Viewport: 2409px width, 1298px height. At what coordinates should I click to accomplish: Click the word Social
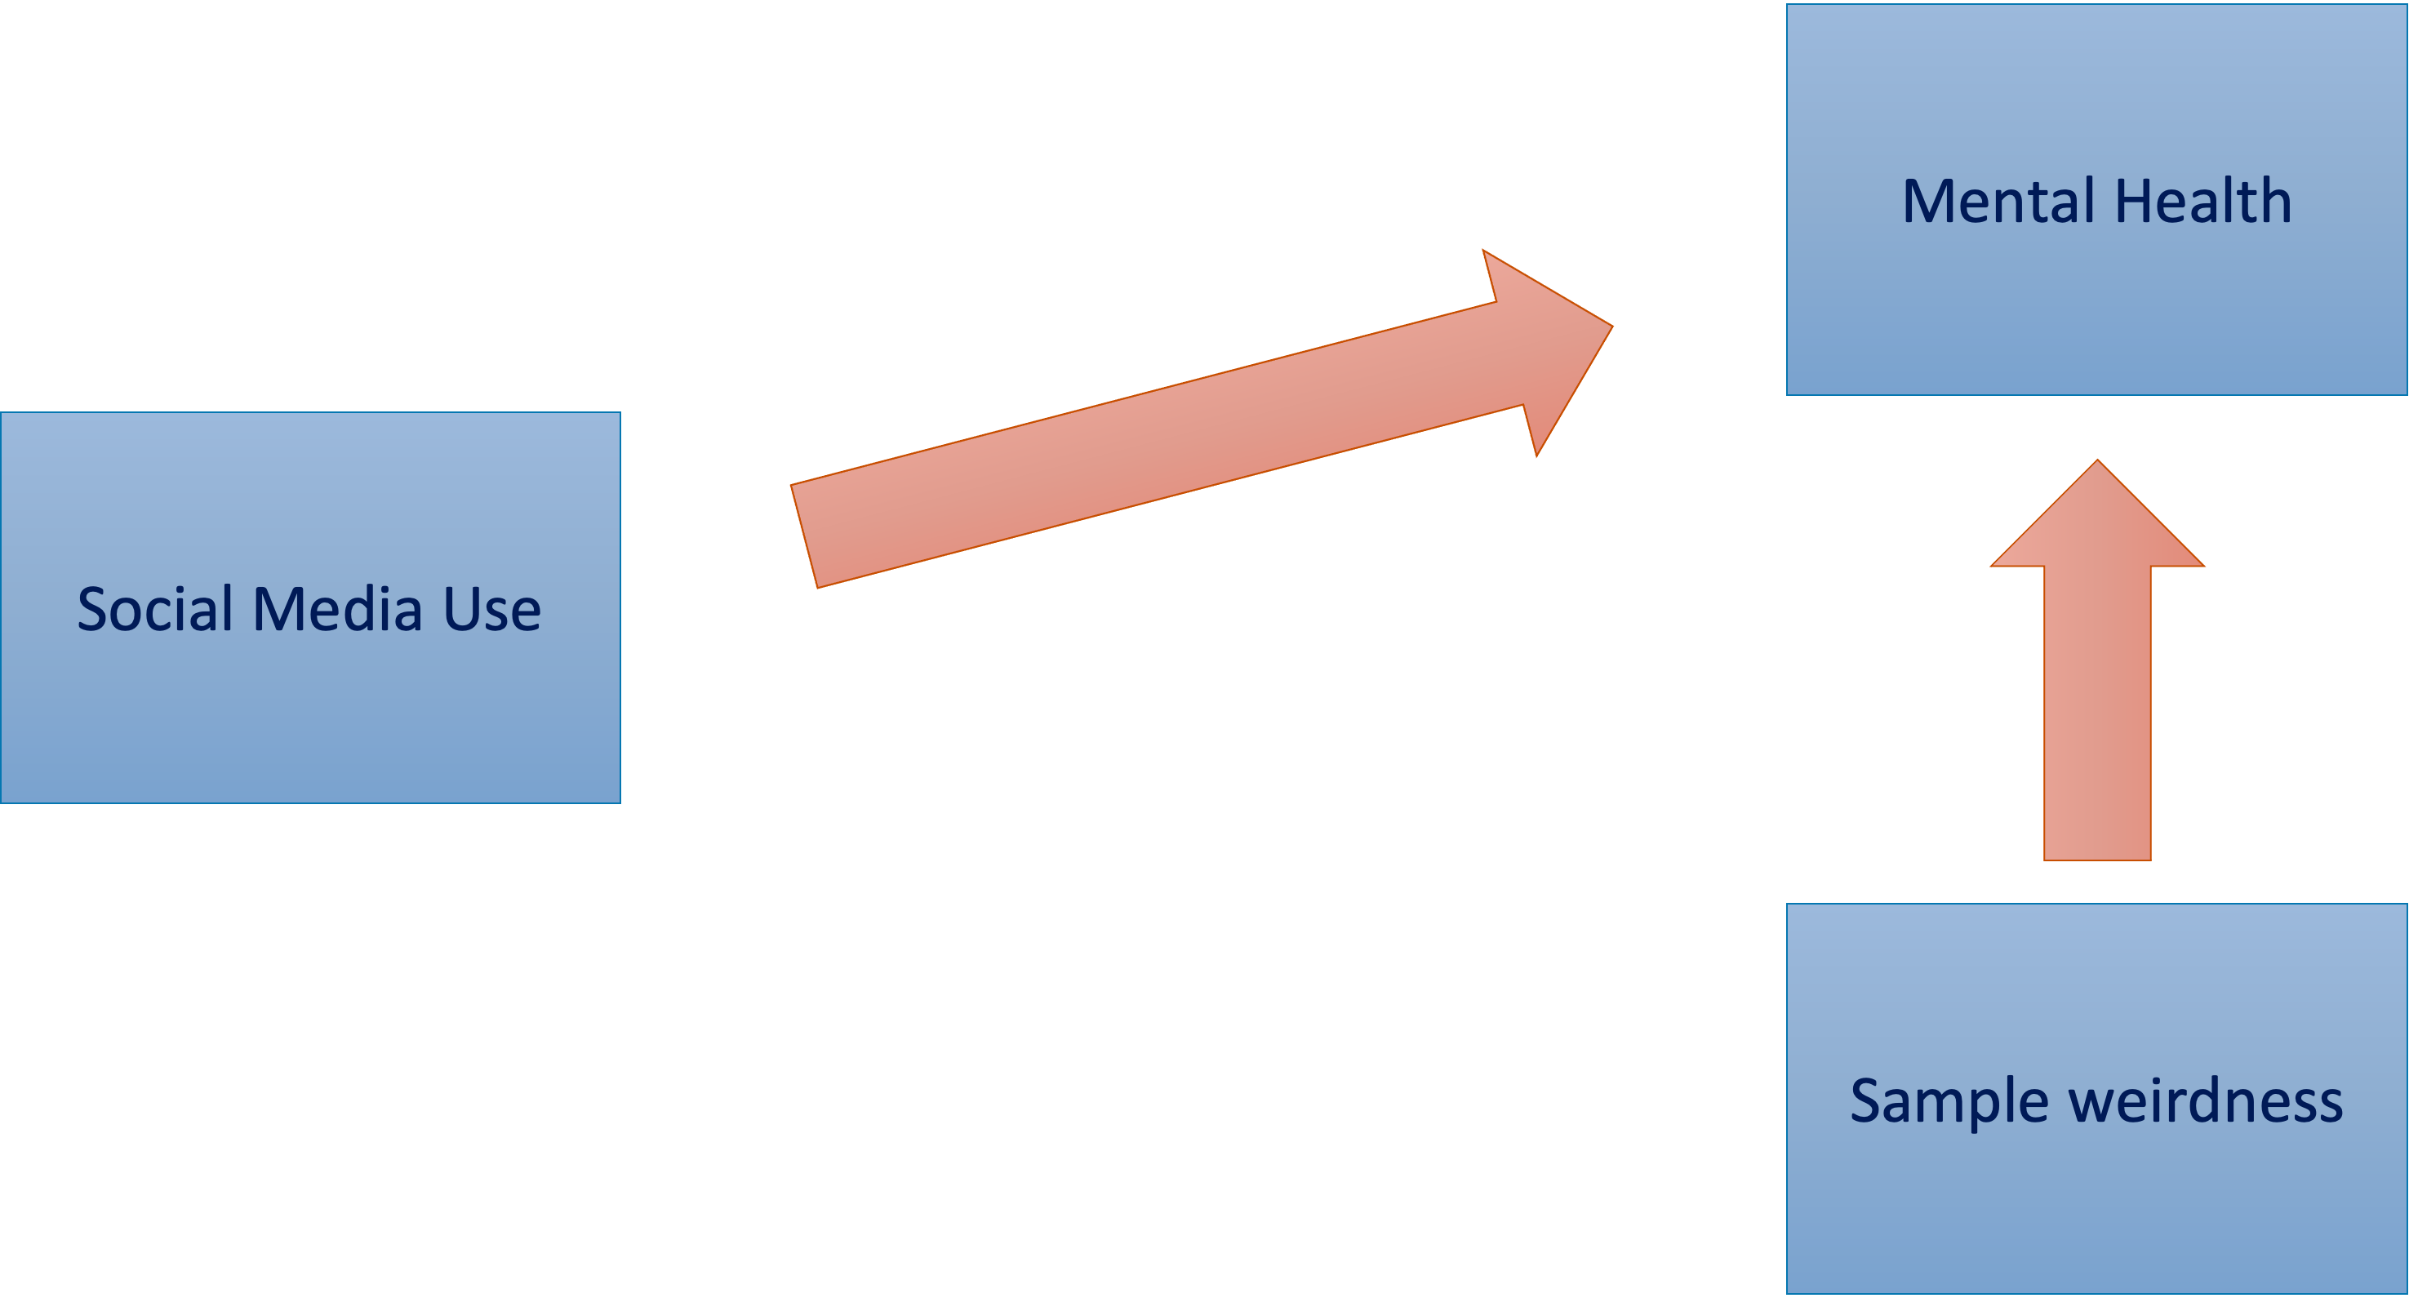154,610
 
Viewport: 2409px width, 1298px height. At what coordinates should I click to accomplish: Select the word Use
492,610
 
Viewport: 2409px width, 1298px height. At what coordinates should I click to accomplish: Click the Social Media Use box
309,711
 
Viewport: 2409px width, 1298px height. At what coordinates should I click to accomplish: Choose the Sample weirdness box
2096,1207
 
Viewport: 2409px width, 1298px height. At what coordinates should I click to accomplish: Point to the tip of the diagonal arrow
1611,327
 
